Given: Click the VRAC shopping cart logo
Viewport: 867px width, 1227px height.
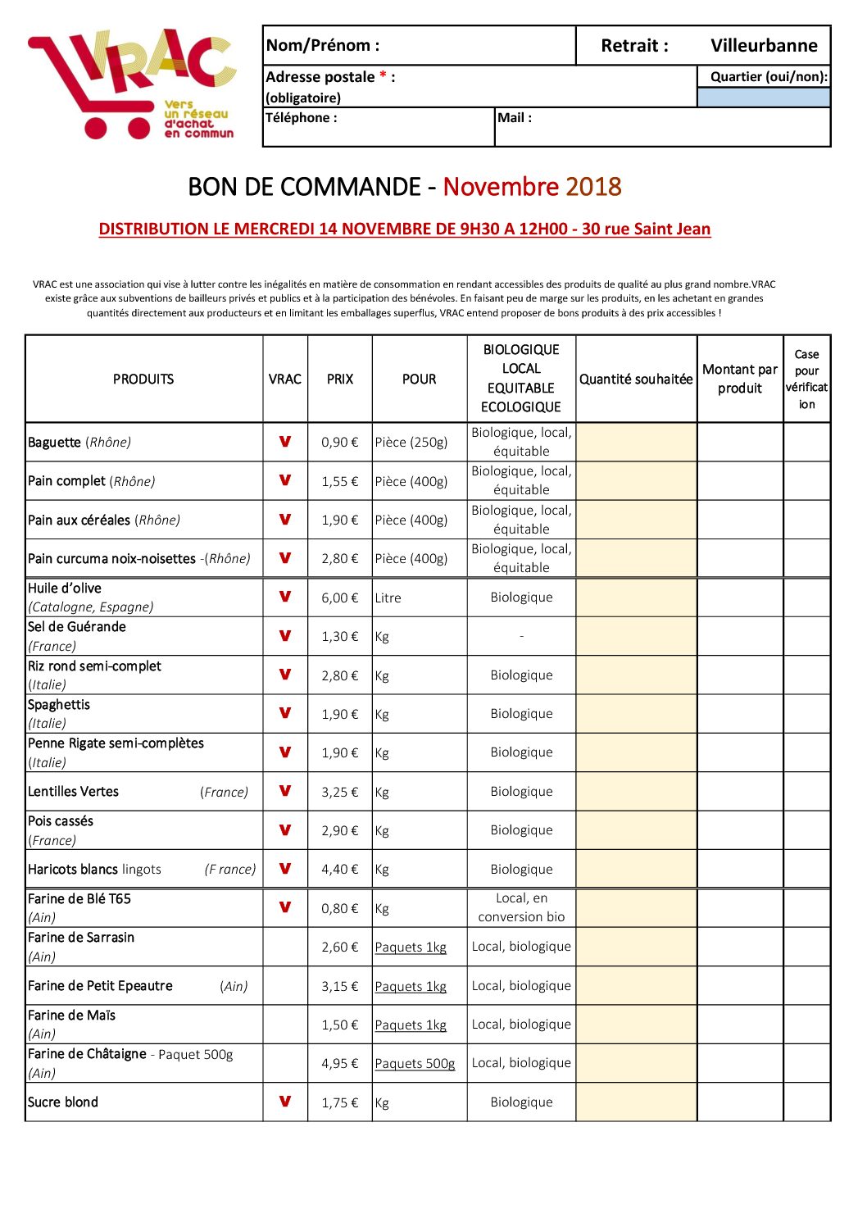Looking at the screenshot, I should pos(131,84).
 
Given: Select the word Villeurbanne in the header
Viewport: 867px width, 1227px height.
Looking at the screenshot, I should pos(764,46).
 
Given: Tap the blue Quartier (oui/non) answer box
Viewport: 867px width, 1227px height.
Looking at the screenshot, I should pos(764,98).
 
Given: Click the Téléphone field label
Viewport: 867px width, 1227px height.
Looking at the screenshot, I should pos(301,118).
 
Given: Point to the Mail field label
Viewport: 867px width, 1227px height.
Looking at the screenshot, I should pos(515,118).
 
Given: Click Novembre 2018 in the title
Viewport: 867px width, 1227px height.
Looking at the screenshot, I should pos(532,187).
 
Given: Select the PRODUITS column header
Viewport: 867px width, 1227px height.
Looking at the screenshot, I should pos(143,379).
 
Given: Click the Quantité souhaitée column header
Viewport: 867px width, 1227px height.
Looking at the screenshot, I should pos(636,379).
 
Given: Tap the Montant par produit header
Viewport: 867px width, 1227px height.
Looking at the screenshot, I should pos(740,379).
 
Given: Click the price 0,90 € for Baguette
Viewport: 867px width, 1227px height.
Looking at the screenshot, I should pos(339,443).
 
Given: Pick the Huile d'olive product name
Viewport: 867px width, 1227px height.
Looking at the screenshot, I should pos(65,589).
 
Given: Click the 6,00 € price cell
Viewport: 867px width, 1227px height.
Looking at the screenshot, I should pos(339,598).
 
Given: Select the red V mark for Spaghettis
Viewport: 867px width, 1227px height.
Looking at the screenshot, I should pos(285,713).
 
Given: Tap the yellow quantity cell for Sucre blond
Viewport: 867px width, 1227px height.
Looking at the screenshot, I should pos(636,1102).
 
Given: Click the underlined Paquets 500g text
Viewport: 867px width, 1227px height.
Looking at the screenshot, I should pos(415,1064).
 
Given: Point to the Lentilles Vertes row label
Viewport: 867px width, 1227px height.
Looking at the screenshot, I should pos(74,792).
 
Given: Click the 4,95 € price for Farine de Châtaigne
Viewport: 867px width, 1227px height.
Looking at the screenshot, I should pos(339,1064).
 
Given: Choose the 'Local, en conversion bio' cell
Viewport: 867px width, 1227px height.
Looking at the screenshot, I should pos(521,908).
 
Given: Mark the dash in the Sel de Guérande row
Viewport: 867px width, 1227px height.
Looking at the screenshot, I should pos(521,637).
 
